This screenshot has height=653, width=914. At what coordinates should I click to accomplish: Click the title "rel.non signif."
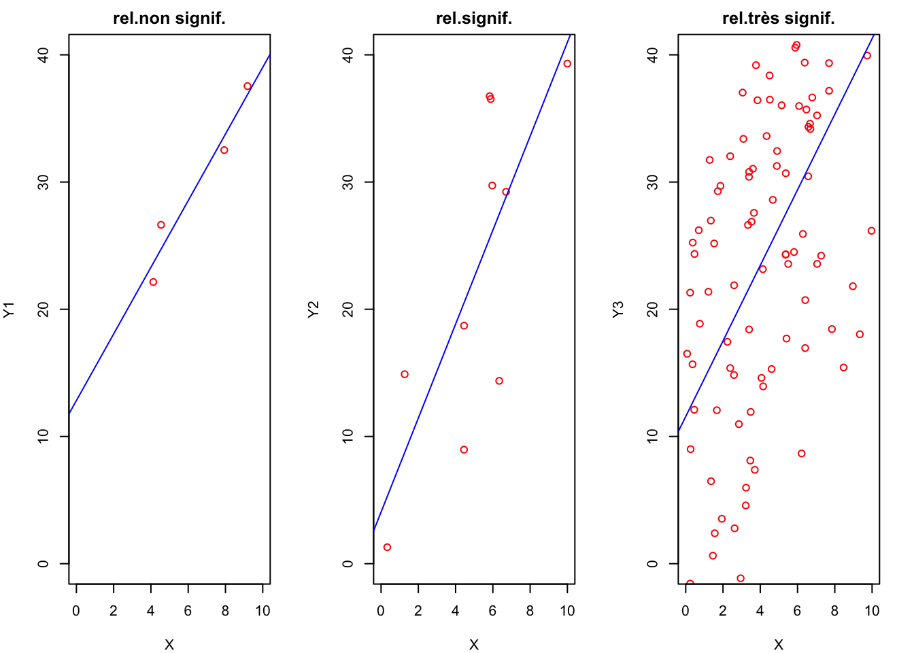pyautogui.click(x=169, y=18)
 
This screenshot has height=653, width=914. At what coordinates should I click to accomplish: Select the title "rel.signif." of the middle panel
pyautogui.click(x=474, y=18)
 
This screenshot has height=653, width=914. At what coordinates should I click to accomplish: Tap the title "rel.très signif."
pyautogui.click(x=779, y=18)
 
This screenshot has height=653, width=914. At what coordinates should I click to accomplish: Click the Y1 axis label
pyautogui.click(x=9, y=309)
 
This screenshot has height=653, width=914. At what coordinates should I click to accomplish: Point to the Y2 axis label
pyautogui.click(x=314, y=309)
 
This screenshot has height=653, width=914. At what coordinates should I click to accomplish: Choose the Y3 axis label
pyautogui.click(x=618, y=309)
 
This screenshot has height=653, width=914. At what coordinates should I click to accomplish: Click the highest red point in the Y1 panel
pyautogui.click(x=248, y=86)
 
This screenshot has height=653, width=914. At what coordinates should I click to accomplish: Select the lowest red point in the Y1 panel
pyautogui.click(x=153, y=282)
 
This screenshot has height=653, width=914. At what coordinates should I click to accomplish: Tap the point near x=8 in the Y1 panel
pyautogui.click(x=224, y=150)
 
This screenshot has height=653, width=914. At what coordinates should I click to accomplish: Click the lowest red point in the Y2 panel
pyautogui.click(x=387, y=548)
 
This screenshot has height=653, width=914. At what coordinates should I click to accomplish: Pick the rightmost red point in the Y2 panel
pyautogui.click(x=567, y=64)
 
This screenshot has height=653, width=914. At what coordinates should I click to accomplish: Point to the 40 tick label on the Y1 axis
pyautogui.click(x=44, y=54)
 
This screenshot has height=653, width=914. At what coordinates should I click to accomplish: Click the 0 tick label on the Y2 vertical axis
pyautogui.click(x=349, y=564)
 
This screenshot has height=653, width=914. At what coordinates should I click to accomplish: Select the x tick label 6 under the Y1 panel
pyautogui.click(x=188, y=611)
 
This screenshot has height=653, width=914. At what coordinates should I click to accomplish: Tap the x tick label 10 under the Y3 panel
pyautogui.click(x=872, y=611)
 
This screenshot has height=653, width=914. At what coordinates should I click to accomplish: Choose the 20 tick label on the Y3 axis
pyautogui.click(x=654, y=309)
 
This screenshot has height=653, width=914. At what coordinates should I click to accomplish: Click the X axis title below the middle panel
pyautogui.click(x=474, y=644)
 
